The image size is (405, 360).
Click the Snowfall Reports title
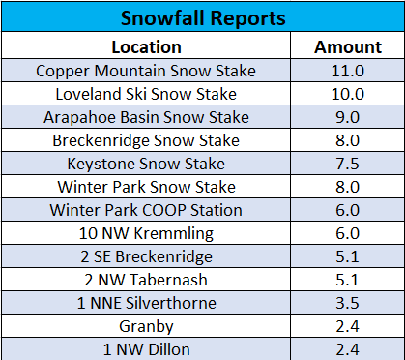point(202,18)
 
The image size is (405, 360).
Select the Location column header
point(146,46)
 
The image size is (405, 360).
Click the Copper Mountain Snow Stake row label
point(146,71)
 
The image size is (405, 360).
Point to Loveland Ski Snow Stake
point(146,94)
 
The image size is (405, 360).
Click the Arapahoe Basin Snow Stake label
point(146,117)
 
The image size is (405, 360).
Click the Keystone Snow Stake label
point(146,164)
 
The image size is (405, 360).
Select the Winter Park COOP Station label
point(146,210)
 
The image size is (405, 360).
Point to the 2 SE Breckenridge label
point(146,256)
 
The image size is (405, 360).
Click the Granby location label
point(146,326)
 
